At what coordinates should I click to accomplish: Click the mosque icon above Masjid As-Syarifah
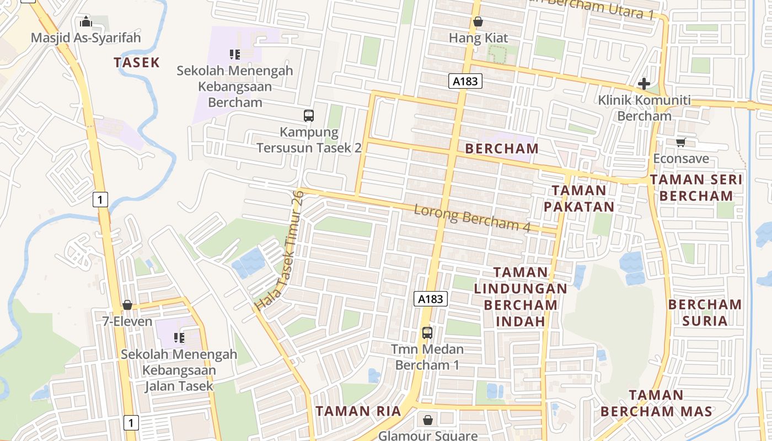pyautogui.click(x=86, y=22)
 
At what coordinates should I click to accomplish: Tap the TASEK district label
pyautogui.click(x=137, y=62)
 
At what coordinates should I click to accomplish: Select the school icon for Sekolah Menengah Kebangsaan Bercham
pyautogui.click(x=235, y=55)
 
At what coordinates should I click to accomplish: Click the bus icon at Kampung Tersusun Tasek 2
pyautogui.click(x=309, y=116)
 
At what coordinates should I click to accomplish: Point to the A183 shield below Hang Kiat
pyautogui.click(x=465, y=82)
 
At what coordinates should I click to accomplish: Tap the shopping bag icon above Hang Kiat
pyautogui.click(x=478, y=22)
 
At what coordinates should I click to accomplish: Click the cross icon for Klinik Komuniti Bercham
pyautogui.click(x=644, y=84)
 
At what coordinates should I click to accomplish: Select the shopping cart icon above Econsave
pyautogui.click(x=681, y=143)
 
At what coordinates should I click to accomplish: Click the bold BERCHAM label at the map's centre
pyautogui.click(x=502, y=148)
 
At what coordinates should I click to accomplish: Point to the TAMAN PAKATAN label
pyautogui.click(x=578, y=198)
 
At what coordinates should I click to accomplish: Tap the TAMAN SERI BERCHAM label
pyautogui.click(x=696, y=187)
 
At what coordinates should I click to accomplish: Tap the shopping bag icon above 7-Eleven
pyautogui.click(x=127, y=305)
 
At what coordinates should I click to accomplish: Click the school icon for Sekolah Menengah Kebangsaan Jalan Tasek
pyautogui.click(x=179, y=337)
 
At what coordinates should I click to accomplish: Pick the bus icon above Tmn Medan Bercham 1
pyautogui.click(x=427, y=333)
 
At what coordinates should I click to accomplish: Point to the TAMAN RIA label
pyautogui.click(x=350, y=411)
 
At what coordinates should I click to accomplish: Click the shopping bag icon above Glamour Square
pyautogui.click(x=427, y=421)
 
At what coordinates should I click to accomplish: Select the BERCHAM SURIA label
pyautogui.click(x=705, y=313)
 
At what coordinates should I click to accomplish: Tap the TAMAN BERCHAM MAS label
pyautogui.click(x=656, y=403)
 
